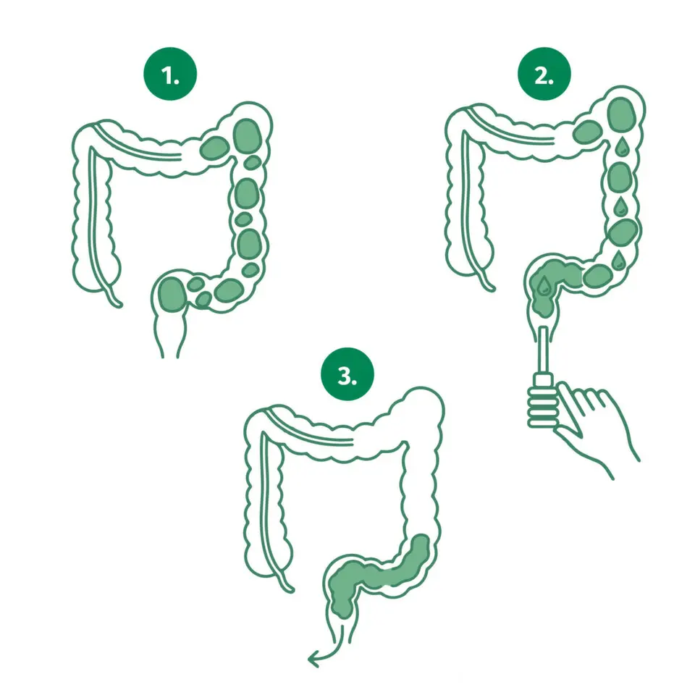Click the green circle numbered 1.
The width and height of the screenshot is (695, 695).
[x=170, y=74]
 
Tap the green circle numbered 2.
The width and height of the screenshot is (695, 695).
[x=544, y=74]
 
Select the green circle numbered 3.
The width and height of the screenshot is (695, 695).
[x=347, y=374]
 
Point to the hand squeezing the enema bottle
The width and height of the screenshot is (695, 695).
[x=594, y=426]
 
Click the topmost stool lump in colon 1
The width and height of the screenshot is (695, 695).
[x=248, y=137]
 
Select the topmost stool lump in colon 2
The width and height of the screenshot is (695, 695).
[x=623, y=114]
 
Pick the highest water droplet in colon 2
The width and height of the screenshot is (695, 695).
[x=622, y=146]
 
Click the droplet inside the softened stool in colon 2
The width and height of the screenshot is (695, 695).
[x=544, y=285]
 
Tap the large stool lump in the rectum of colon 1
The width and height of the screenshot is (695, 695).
[x=172, y=294]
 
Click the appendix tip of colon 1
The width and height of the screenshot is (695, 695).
[x=118, y=304]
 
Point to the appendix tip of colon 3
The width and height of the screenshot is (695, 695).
[x=290, y=589]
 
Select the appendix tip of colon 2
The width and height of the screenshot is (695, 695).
[x=491, y=287]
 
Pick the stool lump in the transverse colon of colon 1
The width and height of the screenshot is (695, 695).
[x=214, y=148]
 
